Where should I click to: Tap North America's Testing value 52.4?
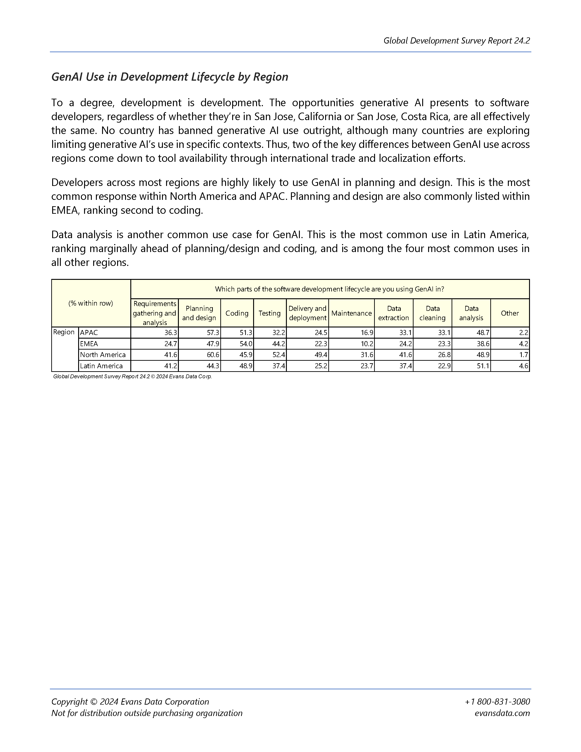click(278, 355)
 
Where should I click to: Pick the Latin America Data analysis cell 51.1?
click(483, 366)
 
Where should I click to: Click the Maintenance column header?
click(351, 313)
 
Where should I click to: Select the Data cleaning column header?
click(432, 313)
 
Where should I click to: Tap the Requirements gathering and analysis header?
click(154, 313)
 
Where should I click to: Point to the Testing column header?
click(270, 313)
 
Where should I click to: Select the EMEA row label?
click(89, 344)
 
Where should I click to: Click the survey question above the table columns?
click(329, 289)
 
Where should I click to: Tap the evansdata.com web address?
click(502, 713)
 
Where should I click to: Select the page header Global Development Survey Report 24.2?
click(456, 41)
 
